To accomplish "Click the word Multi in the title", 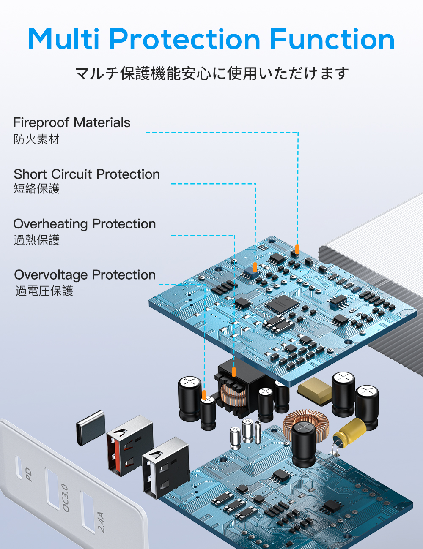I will pyautogui.click(x=64, y=39).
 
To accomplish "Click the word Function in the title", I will pyautogui.click(x=332, y=39).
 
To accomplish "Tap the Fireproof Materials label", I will pyautogui.click(x=72, y=122).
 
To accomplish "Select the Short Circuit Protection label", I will pyautogui.click(x=87, y=174).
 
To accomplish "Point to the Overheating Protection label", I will pyautogui.click(x=85, y=224).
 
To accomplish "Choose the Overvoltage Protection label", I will pyautogui.click(x=85, y=275).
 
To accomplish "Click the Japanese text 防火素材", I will pyautogui.click(x=37, y=139).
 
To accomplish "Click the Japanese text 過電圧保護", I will pyautogui.click(x=44, y=291).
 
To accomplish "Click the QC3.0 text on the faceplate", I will pyautogui.click(x=65, y=498).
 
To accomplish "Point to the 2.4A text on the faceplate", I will pyautogui.click(x=101, y=522).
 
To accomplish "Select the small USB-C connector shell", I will pyautogui.click(x=91, y=427).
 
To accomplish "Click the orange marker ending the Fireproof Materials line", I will pyautogui.click(x=297, y=249).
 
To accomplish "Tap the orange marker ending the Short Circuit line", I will pyautogui.click(x=255, y=267).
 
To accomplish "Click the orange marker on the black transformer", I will pyautogui.click(x=234, y=372).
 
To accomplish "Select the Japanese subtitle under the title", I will pyautogui.click(x=211, y=73).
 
